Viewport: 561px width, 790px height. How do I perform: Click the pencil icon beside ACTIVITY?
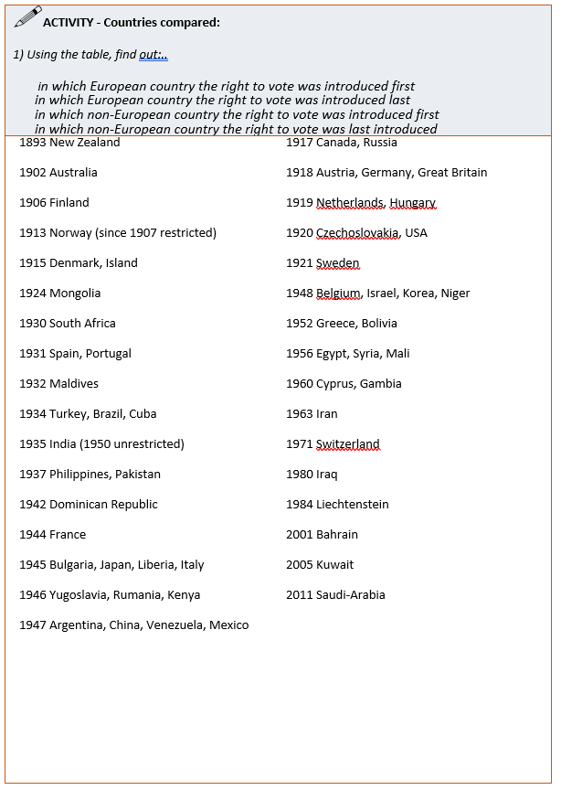(x=27, y=16)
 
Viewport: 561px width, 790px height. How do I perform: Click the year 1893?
(x=33, y=143)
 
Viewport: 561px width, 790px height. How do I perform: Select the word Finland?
(x=69, y=203)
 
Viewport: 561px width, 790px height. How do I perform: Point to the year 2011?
(x=300, y=595)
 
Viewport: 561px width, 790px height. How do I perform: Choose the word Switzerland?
(x=347, y=444)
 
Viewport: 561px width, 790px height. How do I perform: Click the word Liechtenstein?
(x=352, y=505)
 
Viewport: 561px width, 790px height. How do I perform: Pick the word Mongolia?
(x=75, y=294)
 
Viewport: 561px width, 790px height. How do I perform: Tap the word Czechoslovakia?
(x=356, y=233)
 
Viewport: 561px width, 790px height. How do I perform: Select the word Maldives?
(x=74, y=384)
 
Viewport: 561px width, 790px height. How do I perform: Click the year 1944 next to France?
(x=33, y=535)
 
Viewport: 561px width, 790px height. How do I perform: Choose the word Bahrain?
(x=337, y=535)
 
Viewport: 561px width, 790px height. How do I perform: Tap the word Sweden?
(x=337, y=263)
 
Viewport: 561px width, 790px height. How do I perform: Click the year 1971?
(x=300, y=444)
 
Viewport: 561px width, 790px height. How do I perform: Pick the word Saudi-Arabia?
(x=351, y=595)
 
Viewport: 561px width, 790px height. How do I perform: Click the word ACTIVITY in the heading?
(x=68, y=22)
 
